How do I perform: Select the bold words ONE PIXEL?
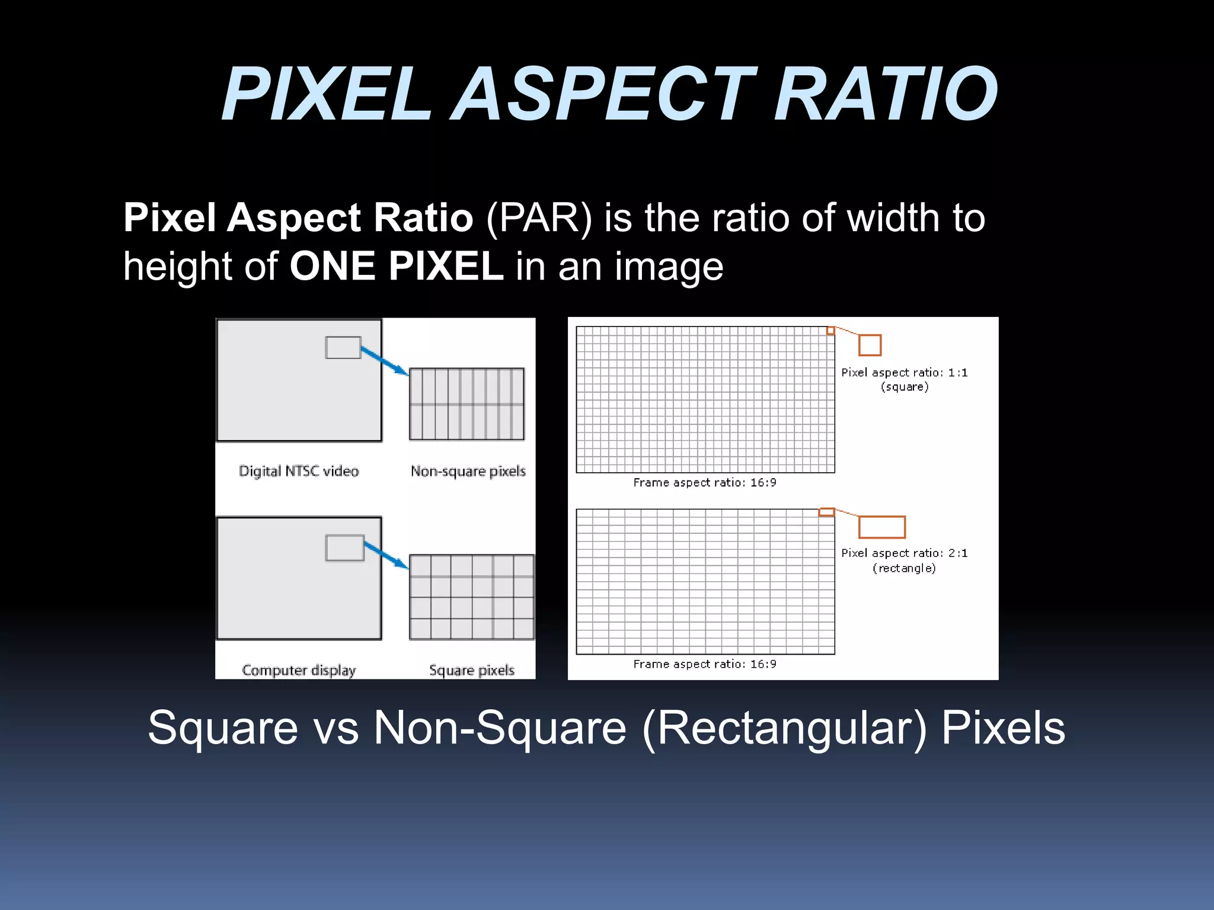tap(396, 267)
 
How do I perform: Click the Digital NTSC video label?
tap(299, 471)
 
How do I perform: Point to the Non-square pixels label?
tap(468, 471)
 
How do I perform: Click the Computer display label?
tap(299, 670)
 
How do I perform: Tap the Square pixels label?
tap(471, 670)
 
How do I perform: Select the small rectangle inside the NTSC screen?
tap(343, 348)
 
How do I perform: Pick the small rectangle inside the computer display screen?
tap(344, 547)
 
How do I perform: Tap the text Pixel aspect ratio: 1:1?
tap(904, 373)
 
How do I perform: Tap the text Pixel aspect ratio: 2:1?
tap(904, 553)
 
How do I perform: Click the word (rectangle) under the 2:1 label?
tap(904, 568)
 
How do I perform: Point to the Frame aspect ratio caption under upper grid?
tap(704, 482)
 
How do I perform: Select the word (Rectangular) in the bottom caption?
tap(784, 728)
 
